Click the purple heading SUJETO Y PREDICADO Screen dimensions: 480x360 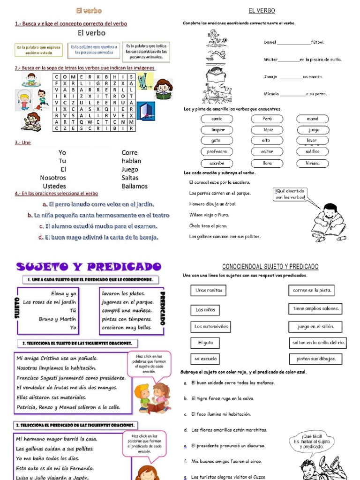pyautogui.click(x=86, y=267)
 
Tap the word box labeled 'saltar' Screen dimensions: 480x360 pyautogui.click(x=267, y=151)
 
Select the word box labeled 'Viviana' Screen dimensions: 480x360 pyautogui.click(x=313, y=164)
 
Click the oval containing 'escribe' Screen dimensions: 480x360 pyautogui.click(x=217, y=164)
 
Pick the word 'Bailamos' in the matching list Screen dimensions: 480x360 pyautogui.click(x=135, y=186)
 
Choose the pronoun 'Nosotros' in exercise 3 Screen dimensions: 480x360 pyautogui.click(x=53, y=178)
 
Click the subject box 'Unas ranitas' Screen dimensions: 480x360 pyautogui.click(x=208, y=291)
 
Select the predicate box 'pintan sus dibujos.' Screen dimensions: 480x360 pyautogui.click(x=315, y=359)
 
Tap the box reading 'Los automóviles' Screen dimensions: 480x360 pyautogui.click(x=211, y=326)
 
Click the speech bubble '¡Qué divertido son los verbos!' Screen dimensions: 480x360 pyautogui.click(x=290, y=194)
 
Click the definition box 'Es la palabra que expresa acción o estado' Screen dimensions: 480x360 pyautogui.click(x=38, y=50)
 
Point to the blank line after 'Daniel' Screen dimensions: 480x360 pyautogui.click(x=294, y=43)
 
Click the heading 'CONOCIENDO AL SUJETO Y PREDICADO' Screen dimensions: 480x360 pyautogui.click(x=270, y=267)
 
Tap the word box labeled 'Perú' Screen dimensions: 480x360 pyautogui.click(x=267, y=119)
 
